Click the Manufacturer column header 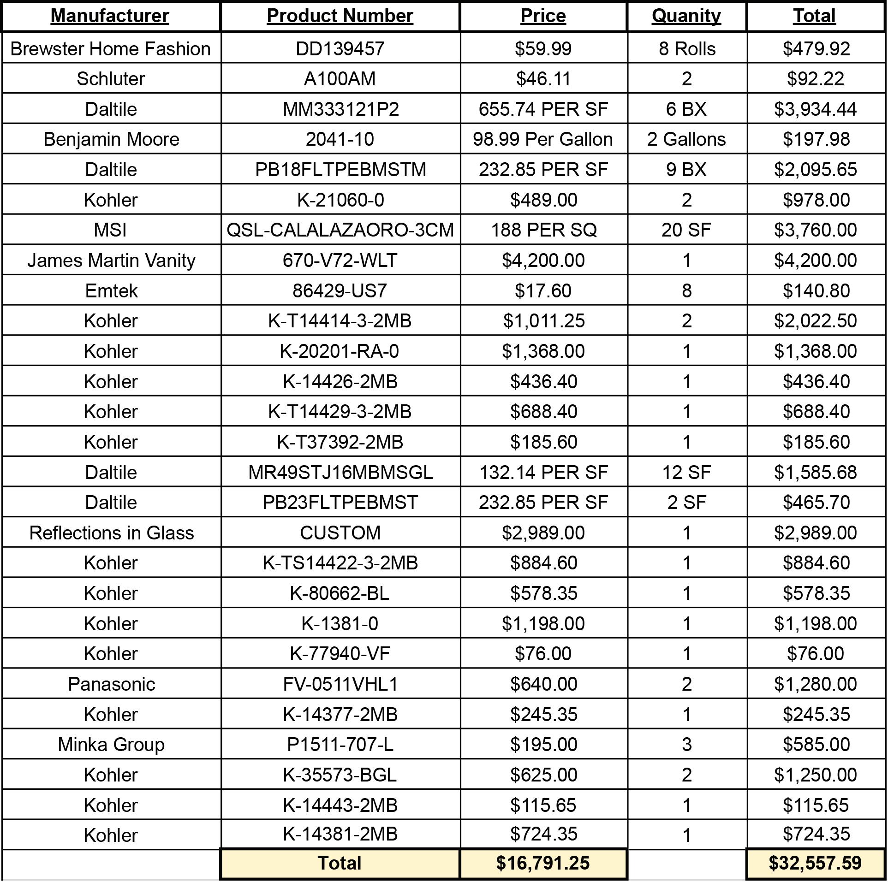(x=110, y=16)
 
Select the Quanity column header (x=686, y=16)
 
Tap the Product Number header (x=340, y=16)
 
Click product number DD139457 (x=340, y=49)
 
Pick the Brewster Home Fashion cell (x=111, y=49)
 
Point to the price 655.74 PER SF (x=543, y=109)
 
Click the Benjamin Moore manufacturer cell (x=111, y=139)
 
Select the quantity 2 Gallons (x=686, y=139)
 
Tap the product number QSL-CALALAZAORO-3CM (x=340, y=230)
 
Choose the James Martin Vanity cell (x=111, y=260)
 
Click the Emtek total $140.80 (x=816, y=291)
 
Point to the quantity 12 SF (x=686, y=473)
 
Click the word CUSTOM (x=340, y=533)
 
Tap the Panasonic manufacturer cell (x=111, y=684)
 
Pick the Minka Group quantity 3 (x=686, y=745)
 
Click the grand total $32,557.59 (x=815, y=863)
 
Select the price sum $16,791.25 (x=543, y=863)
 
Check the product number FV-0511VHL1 (x=340, y=684)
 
